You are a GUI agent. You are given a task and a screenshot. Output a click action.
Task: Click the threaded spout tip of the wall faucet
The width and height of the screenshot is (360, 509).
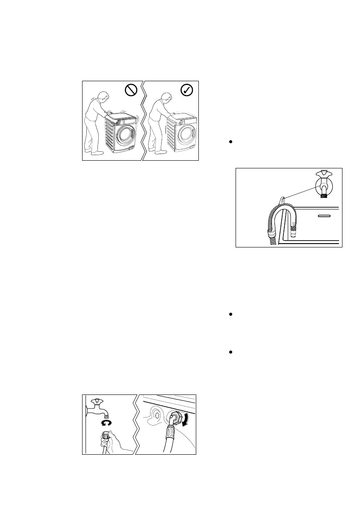(108, 415)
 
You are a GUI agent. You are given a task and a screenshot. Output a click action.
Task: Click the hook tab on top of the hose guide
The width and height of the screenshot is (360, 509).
(281, 200)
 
